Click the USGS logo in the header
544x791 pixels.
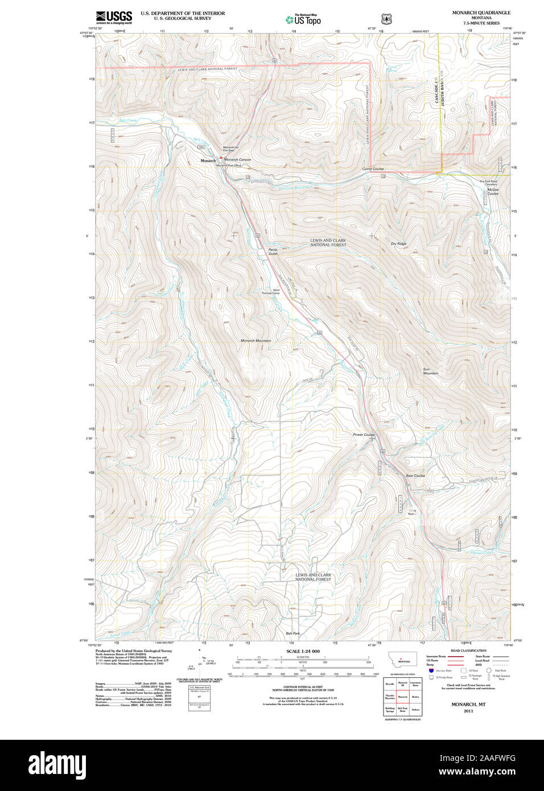pos(114,17)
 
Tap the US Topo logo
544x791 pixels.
pos(303,19)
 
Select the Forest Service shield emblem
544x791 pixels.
pos(387,19)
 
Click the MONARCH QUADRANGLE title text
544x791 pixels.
pos(481,13)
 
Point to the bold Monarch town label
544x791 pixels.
pos(208,161)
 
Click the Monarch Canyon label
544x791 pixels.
pos(237,160)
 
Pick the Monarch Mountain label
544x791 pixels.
pos(255,341)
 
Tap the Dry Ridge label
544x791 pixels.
pos(398,244)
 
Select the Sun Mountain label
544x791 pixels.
pos(430,371)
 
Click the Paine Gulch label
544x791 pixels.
pos(273,251)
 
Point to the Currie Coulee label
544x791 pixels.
pos(373,169)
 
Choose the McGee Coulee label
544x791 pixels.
pos(493,191)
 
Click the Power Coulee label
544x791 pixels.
pos(364,435)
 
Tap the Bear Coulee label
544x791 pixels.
pos(415,476)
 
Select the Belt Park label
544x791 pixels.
pos(292,633)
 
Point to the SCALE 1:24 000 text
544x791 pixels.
pos(303,651)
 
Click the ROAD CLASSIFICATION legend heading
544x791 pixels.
pos(468,650)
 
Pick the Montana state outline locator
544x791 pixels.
pos(402,660)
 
